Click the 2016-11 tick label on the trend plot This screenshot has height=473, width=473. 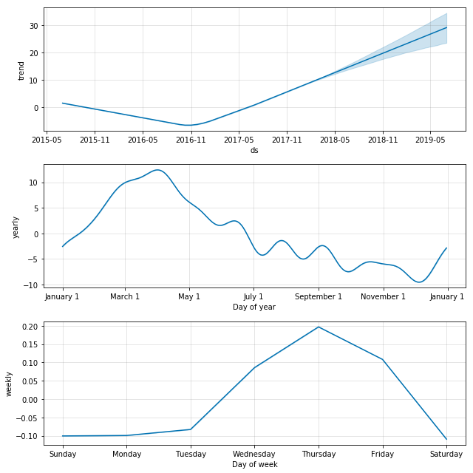[191, 139]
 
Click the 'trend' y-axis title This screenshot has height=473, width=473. [21, 70]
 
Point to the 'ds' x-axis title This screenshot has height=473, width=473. [254, 150]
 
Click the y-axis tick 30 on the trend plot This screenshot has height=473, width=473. [33, 26]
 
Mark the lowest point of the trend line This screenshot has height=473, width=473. [190, 125]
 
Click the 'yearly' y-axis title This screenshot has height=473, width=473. [16, 226]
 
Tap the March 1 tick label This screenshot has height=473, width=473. [125, 296]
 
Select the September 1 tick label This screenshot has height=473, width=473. [319, 296]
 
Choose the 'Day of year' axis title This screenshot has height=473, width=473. [254, 307]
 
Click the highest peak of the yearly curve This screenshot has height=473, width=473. [157, 170]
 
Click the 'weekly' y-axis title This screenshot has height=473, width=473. [10, 384]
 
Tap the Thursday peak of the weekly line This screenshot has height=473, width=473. [319, 327]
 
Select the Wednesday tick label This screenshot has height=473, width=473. [254, 454]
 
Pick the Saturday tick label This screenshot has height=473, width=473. [446, 454]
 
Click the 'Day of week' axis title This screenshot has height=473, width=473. [254, 464]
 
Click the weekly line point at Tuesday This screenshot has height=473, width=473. [191, 429]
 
